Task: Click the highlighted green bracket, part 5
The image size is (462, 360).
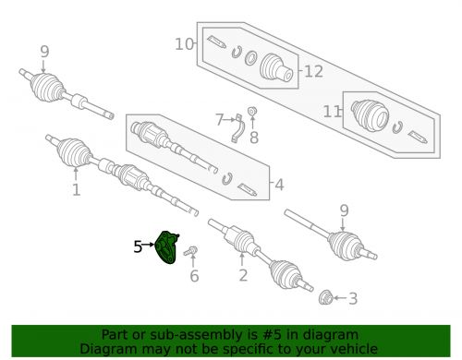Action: point(166,247)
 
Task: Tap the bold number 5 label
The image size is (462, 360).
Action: point(138,246)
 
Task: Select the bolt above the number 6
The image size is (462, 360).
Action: point(190,251)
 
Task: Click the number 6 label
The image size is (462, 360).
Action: point(194,276)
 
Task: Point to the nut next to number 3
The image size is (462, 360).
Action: point(325,297)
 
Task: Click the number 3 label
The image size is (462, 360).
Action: point(353,298)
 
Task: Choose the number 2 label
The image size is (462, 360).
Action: point(243,275)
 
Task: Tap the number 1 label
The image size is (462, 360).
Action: point(76,189)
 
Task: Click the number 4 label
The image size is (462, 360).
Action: point(279,185)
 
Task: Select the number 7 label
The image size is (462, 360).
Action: point(219,120)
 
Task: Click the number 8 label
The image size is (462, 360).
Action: point(254,138)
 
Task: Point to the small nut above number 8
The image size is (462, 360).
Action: point(252,111)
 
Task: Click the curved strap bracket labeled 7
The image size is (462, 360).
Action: point(237,128)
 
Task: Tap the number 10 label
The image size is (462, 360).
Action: point(184,44)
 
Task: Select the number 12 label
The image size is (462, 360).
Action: point(313,71)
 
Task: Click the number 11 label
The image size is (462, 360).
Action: point(332,112)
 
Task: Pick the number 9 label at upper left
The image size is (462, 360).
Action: point(44,52)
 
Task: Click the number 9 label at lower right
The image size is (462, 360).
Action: point(344,210)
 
